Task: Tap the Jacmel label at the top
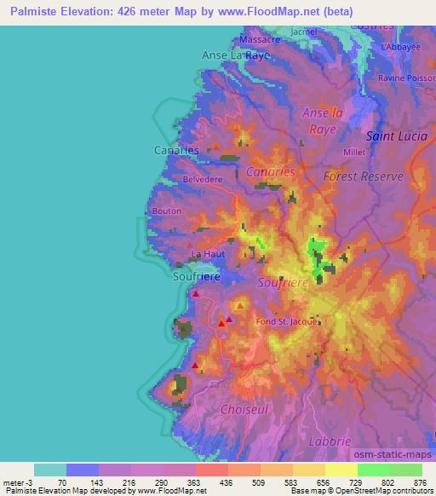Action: [x=302, y=32]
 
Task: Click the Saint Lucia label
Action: [x=396, y=136]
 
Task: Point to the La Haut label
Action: [x=208, y=254]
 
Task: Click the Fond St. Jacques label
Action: [x=288, y=322]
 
